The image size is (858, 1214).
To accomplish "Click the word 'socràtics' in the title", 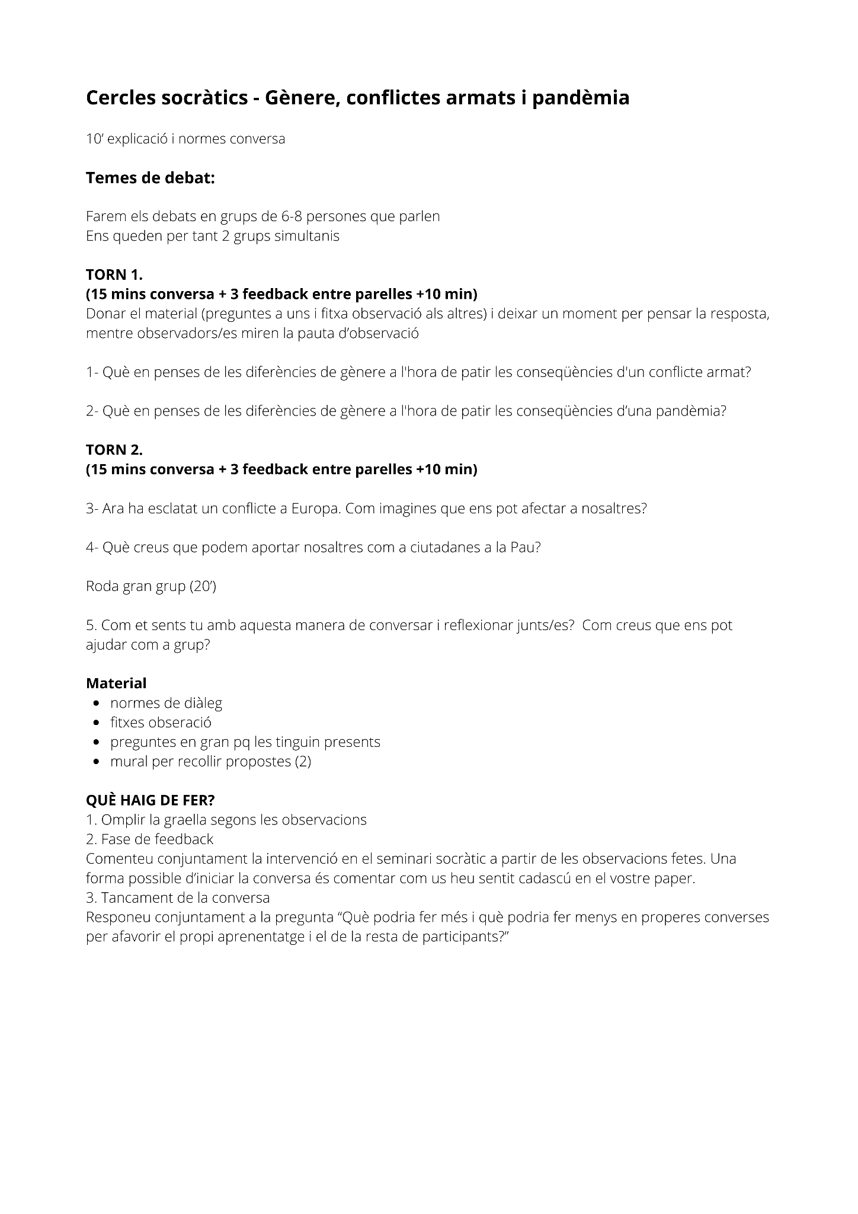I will point(204,98).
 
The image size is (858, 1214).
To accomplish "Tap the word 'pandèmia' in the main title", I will point(580,98).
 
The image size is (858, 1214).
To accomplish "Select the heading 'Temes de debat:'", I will point(150,178).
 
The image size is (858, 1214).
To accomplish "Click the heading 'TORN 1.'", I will point(114,274).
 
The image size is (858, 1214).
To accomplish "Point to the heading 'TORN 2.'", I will point(114,450).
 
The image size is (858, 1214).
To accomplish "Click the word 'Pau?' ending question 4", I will point(526,547).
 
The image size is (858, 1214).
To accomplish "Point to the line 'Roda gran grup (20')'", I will point(151,586).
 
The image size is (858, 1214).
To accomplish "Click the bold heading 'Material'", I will point(116,683).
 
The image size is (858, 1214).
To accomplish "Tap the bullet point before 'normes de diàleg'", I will point(96,704).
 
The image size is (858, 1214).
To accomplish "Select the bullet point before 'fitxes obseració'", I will point(96,723).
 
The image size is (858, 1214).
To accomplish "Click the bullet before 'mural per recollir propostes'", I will point(96,762).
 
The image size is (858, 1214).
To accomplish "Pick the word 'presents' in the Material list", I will point(354,742).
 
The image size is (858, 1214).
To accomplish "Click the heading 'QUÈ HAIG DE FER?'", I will point(151,800).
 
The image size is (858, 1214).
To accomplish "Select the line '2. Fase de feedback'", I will point(149,839).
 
